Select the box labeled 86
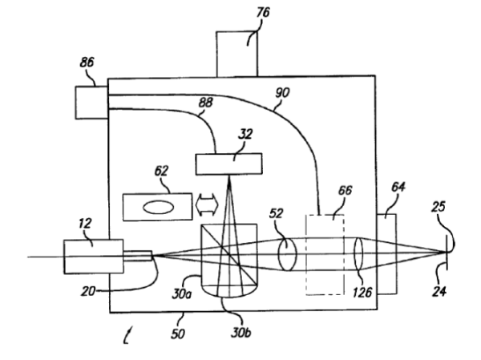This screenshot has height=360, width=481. click(91, 102)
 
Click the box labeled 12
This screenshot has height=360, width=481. click(91, 256)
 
